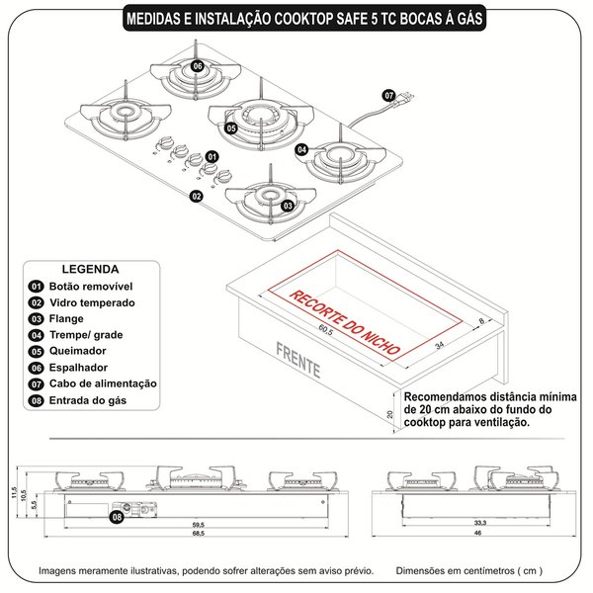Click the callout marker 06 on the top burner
coord(197,65)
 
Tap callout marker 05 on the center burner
coord(230,128)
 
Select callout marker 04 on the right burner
coord(302,149)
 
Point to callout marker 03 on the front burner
coord(288,206)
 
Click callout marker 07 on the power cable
coord(389,95)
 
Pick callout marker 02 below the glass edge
coord(197,197)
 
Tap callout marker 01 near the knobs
coord(212,157)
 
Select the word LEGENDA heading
coord(91,269)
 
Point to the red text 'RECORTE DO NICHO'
coord(345,321)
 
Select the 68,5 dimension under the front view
coord(198,533)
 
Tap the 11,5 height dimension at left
coord(15,491)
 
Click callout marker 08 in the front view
coord(117,515)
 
